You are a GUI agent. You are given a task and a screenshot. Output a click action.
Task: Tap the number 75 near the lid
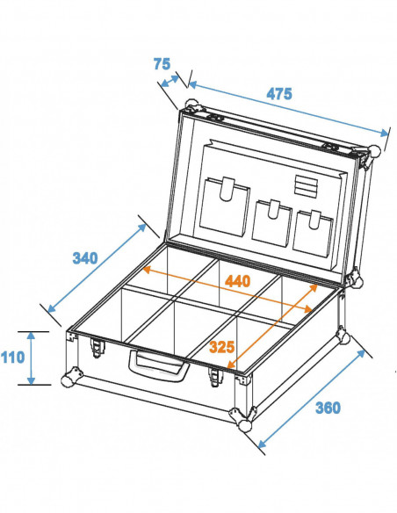pos(161,63)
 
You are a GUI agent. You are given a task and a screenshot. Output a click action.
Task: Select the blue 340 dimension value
pos(84,258)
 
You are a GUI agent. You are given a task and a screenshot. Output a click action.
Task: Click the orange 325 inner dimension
pos(222,348)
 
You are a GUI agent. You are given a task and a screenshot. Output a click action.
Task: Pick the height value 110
pos(12,358)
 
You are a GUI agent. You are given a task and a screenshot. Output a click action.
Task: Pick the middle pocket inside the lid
pos(273,221)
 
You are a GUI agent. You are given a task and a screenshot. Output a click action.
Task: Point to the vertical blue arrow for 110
pos(31,358)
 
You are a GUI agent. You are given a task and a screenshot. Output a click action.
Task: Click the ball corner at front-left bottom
pos(67,380)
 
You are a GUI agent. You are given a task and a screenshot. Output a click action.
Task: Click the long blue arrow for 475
pos(288,109)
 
